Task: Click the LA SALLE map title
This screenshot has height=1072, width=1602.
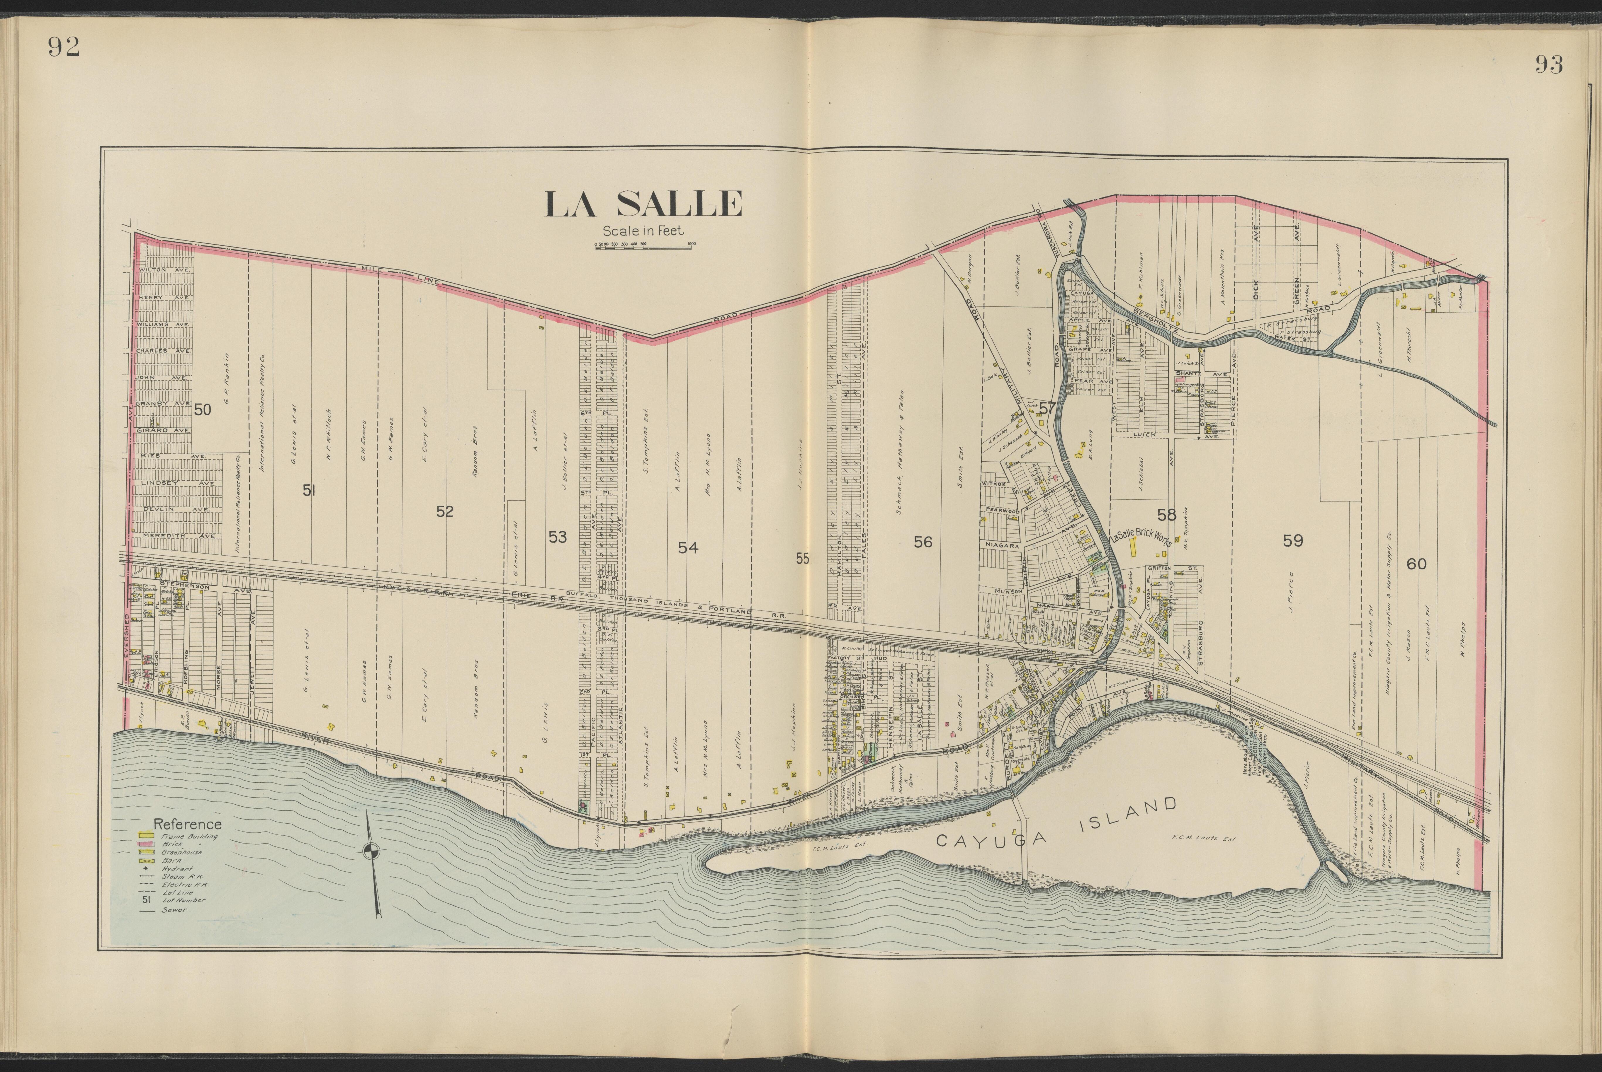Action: (643, 204)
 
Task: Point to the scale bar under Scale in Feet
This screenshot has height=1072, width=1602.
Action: (645, 245)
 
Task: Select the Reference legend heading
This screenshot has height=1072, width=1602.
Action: (187, 825)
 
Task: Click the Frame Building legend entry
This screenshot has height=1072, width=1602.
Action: (181, 835)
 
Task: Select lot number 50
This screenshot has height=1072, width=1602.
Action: (203, 410)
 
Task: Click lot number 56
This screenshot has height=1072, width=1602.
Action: (923, 542)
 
